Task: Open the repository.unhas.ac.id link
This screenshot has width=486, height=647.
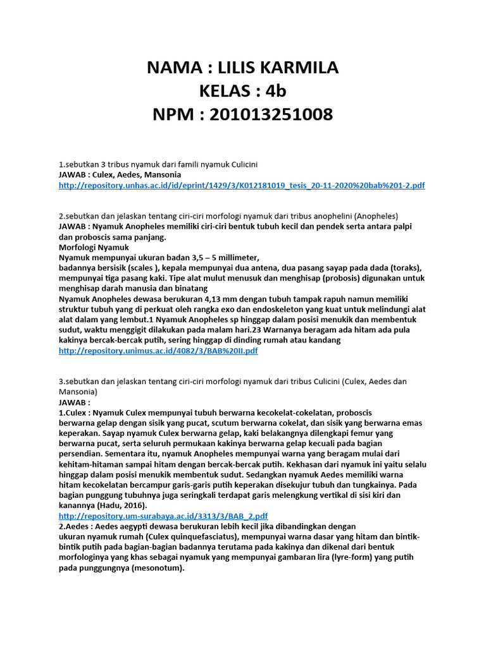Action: (x=241, y=185)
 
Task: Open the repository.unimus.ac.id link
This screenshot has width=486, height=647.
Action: (x=158, y=351)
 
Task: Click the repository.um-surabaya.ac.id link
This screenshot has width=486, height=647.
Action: (x=163, y=516)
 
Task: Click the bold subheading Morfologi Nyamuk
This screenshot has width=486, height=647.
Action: (x=94, y=247)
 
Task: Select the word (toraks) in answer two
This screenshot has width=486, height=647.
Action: (x=406, y=268)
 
